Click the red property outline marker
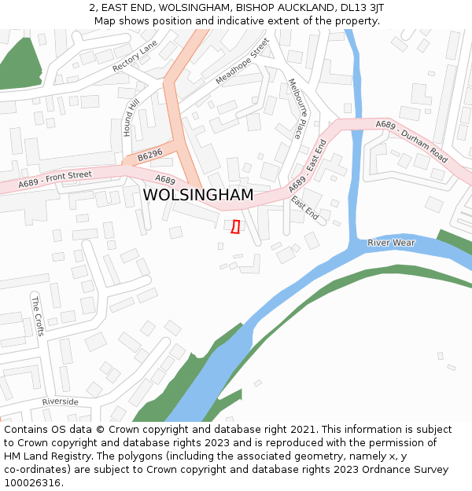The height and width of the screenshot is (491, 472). coord(234,226)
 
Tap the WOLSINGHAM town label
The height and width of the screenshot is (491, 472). coord(198,195)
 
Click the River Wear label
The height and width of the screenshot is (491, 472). coord(391,243)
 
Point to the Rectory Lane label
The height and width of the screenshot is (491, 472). coord(135,57)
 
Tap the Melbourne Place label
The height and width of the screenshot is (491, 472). coord(296,108)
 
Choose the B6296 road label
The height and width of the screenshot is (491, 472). coord(149,156)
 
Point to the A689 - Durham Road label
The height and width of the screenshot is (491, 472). coord(411,141)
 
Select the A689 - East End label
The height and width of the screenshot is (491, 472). coord(307,166)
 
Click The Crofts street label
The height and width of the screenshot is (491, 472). coord(37,315)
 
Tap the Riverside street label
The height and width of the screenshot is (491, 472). coord(61,401)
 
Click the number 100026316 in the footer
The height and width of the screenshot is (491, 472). coord(34,483)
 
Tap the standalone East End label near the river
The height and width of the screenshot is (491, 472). coord(305,207)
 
